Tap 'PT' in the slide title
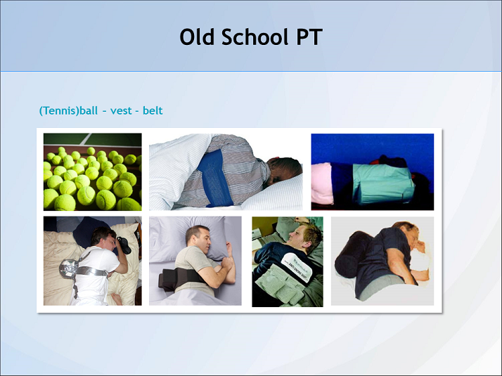pyautogui.click(x=307, y=37)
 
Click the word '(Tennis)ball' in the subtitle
pyautogui.click(x=68, y=111)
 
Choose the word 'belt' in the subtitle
pyautogui.click(x=153, y=111)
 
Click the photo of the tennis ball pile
pyautogui.click(x=92, y=172)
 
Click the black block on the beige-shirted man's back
pyautogui.click(x=169, y=279)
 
